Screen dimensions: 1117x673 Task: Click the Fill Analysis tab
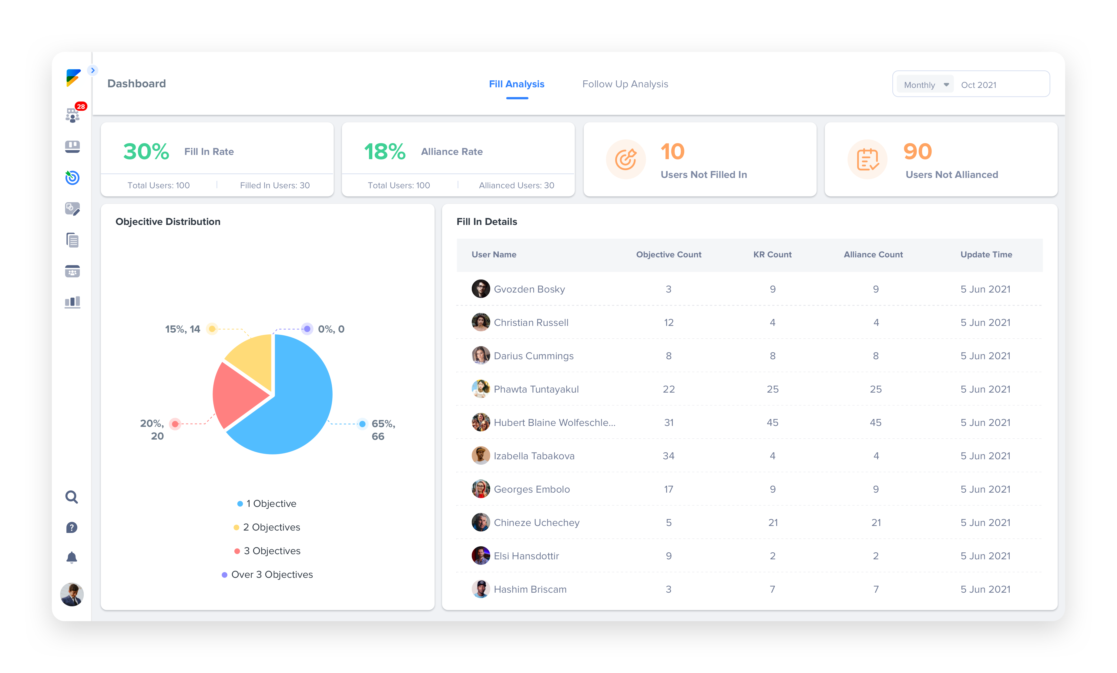pyautogui.click(x=516, y=84)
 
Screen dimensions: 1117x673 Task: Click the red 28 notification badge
pyautogui.click(x=81, y=106)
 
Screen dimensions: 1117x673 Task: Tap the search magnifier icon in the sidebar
pyautogui.click(x=72, y=497)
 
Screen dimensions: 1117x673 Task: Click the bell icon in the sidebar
pyautogui.click(x=72, y=557)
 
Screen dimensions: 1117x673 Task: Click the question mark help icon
pyautogui.click(x=72, y=527)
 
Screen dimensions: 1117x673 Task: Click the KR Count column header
pyautogui.click(x=773, y=255)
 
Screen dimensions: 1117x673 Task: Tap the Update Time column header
pyautogui.click(x=986, y=255)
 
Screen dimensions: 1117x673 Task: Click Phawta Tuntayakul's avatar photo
pyautogui.click(x=481, y=389)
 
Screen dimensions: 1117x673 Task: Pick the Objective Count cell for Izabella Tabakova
pyautogui.click(x=668, y=456)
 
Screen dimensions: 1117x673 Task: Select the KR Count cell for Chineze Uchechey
pyautogui.click(x=773, y=523)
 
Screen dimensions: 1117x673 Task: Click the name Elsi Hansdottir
pyautogui.click(x=526, y=556)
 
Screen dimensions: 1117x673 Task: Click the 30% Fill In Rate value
pyautogui.click(x=146, y=151)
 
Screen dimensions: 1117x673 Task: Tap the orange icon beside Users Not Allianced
pyautogui.click(x=867, y=159)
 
